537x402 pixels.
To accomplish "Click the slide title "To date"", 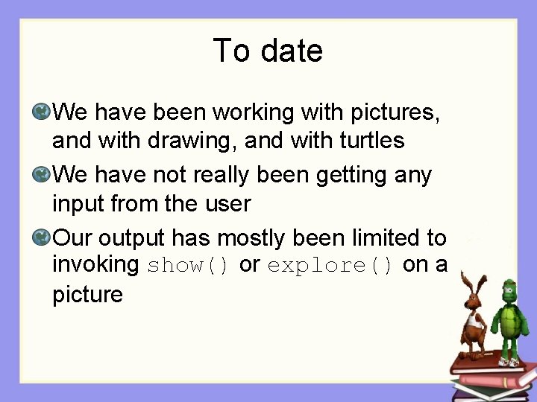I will [x=268, y=51].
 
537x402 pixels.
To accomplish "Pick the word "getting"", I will [x=354, y=176].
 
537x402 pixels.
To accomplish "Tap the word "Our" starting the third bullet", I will [x=73, y=238].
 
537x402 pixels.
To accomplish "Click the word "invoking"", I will [x=95, y=265].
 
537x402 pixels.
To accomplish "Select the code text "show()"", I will [x=189, y=266].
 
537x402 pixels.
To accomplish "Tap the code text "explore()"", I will [x=330, y=266].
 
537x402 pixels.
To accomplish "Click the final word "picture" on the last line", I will [x=87, y=295].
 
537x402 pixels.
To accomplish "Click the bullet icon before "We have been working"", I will [x=42, y=113].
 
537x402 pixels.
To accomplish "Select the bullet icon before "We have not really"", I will [x=42, y=176].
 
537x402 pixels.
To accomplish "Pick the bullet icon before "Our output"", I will [x=42, y=238].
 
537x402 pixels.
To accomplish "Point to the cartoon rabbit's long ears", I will [x=468, y=283].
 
